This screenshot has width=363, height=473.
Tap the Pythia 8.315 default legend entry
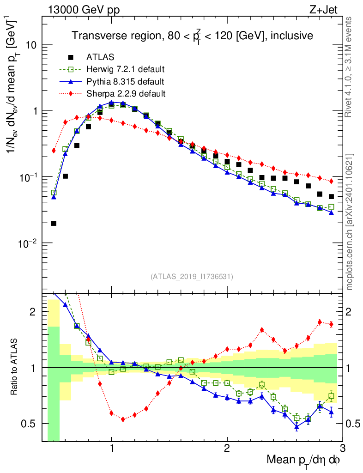[x=125, y=82]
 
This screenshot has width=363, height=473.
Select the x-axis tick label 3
[x=342, y=449]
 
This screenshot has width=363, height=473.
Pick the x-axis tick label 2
[x=227, y=449]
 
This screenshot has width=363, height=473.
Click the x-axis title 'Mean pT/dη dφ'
[x=303, y=461]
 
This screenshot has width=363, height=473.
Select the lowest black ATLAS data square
[x=54, y=224]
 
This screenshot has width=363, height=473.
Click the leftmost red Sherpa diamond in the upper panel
[x=54, y=151]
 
